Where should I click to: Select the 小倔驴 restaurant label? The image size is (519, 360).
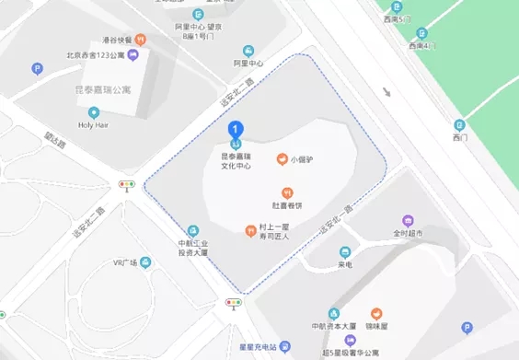tap(303, 158)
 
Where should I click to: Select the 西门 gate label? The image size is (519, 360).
tap(460, 137)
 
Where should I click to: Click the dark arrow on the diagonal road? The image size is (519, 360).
tap(387, 93)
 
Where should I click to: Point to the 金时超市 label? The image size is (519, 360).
tap(408, 234)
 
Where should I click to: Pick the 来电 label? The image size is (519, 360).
tap(345, 264)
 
